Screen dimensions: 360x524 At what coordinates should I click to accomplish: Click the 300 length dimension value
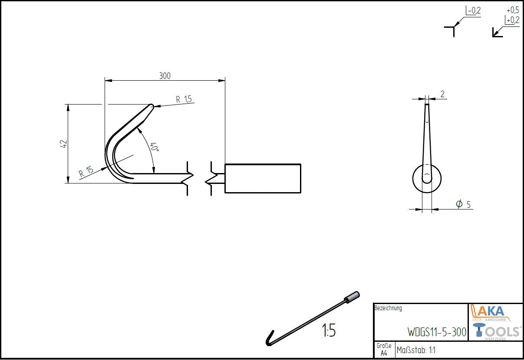(165, 76)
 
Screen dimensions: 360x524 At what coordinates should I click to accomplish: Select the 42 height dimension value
(63, 144)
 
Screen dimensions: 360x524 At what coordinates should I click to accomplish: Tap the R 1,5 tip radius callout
(184, 99)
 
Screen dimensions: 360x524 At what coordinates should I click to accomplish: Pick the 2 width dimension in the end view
(442, 94)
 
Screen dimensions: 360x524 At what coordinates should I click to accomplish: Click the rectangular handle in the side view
(263, 178)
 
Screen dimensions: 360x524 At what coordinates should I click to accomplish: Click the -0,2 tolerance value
(474, 11)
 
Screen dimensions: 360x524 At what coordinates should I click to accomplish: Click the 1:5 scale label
(329, 331)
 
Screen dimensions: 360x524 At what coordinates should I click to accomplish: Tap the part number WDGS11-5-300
(437, 332)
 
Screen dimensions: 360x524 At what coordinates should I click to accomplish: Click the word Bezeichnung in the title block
(388, 308)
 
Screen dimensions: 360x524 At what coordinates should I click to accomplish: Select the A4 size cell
(384, 353)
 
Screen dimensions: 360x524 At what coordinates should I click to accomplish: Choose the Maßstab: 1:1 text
(416, 350)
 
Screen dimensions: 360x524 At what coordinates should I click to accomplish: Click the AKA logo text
(494, 311)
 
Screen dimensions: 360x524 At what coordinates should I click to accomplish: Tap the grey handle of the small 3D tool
(352, 298)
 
